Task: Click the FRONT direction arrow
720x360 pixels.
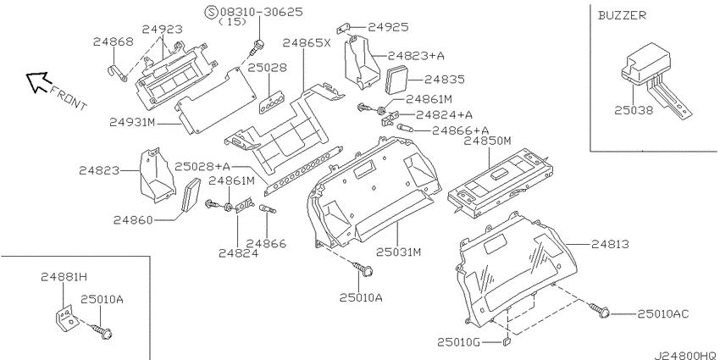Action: tap(36, 81)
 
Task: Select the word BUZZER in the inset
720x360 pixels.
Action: tap(622, 15)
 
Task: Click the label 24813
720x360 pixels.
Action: tap(610, 244)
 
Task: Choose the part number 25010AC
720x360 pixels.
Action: tap(663, 313)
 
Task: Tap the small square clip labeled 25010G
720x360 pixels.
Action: tap(507, 341)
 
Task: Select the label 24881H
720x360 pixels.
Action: tap(64, 276)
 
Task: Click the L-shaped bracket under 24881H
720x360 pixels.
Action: tap(65, 317)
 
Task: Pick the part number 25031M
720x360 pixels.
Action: tap(399, 252)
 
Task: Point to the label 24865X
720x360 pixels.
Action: tap(307, 42)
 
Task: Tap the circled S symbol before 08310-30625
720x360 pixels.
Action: tap(212, 12)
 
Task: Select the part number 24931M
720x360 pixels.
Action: tap(132, 122)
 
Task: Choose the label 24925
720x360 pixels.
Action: tap(388, 27)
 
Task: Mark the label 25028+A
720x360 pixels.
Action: tap(202, 166)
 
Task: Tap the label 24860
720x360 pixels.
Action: tap(133, 220)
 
